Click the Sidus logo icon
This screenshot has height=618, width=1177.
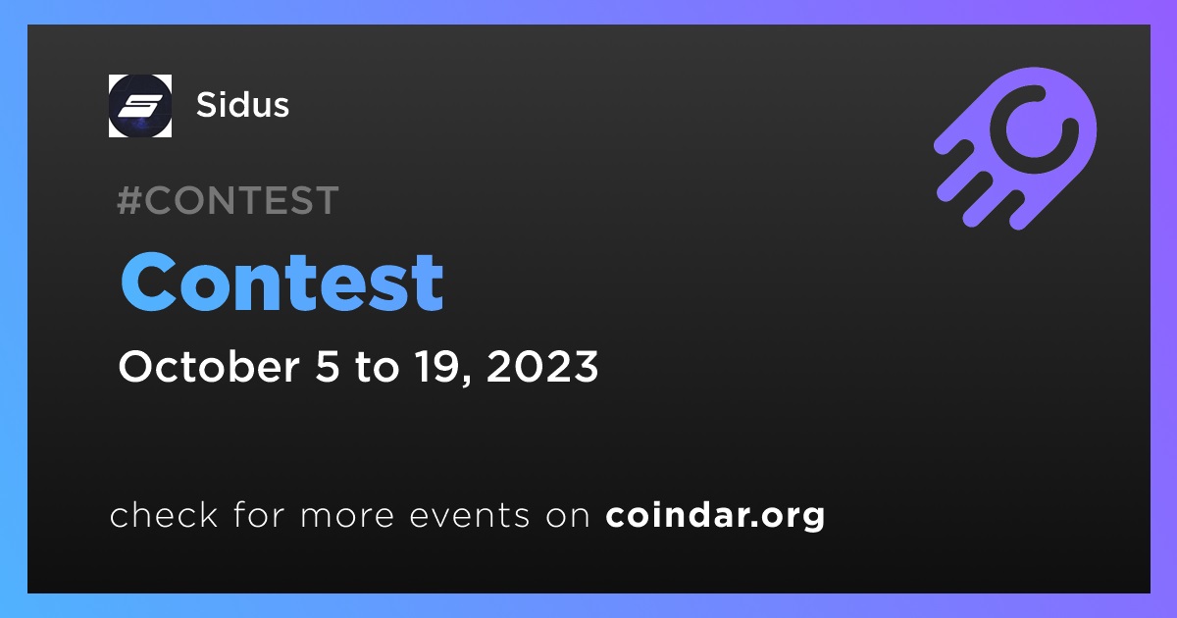(139, 106)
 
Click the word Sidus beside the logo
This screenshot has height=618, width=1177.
(242, 105)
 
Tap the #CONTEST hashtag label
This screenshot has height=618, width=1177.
(228, 200)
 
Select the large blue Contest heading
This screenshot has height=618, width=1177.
(282, 283)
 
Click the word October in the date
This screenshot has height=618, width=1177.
(209, 366)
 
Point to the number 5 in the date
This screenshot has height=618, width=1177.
(328, 366)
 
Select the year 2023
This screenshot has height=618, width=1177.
(542, 366)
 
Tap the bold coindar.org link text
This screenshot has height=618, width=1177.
(715, 516)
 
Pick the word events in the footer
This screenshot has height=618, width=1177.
(470, 516)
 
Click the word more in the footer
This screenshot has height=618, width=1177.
(347, 517)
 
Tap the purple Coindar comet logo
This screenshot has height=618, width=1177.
(1015, 148)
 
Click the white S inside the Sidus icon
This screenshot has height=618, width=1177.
(139, 106)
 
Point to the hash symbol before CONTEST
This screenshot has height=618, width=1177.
(128, 200)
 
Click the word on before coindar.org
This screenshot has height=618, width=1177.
(568, 517)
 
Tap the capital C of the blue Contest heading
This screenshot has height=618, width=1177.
(148, 283)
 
